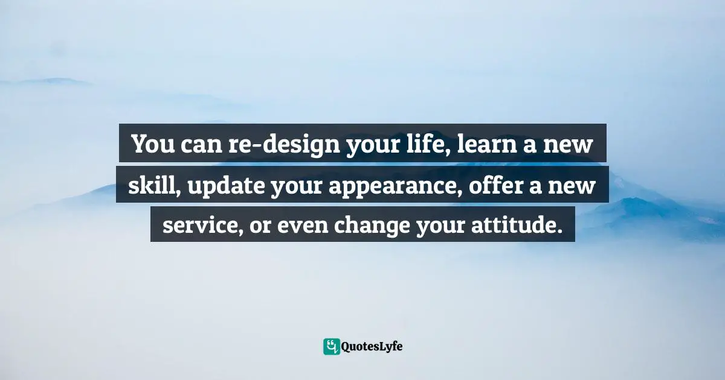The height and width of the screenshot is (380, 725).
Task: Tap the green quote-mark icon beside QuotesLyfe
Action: click(x=332, y=346)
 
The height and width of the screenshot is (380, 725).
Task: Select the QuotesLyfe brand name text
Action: click(x=373, y=347)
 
